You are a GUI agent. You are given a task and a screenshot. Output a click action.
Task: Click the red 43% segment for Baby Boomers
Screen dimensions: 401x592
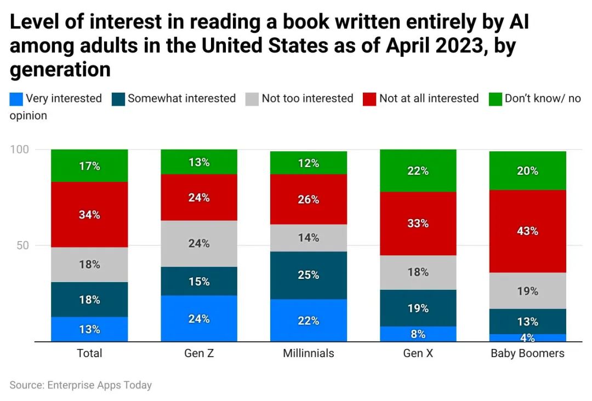pyautogui.click(x=527, y=231)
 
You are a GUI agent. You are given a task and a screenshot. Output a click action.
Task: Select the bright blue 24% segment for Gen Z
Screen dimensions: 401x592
pyautogui.click(x=199, y=318)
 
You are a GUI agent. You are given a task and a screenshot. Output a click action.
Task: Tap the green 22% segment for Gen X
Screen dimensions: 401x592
pyautogui.click(x=418, y=171)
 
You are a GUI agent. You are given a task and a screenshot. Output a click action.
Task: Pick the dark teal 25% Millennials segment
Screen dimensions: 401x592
pyautogui.click(x=309, y=275)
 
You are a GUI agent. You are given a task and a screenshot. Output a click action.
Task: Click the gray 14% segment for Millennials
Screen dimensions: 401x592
pyautogui.click(x=309, y=238)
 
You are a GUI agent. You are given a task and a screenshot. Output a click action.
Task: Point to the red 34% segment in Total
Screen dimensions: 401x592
pyautogui.click(x=89, y=215)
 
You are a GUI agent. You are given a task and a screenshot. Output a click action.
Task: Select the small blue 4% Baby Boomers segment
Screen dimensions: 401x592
pyautogui.click(x=527, y=337)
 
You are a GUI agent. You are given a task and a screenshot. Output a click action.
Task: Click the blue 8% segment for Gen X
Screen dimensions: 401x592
pyautogui.click(x=418, y=334)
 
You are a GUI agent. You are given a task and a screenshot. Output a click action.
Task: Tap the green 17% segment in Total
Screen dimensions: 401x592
pyautogui.click(x=89, y=165)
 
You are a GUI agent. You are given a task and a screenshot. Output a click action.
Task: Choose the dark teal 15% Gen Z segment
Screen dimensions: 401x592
pyautogui.click(x=199, y=281)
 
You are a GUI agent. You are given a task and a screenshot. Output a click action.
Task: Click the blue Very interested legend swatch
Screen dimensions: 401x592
pyautogui.click(x=16, y=99)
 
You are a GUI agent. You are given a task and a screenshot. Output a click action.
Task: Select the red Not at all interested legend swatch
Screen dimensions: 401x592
pyautogui.click(x=369, y=99)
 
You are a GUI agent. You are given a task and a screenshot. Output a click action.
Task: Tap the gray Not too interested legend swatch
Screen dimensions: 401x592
pyautogui.click(x=252, y=99)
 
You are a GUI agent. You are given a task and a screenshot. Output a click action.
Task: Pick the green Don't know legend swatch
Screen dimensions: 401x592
pyautogui.click(x=495, y=99)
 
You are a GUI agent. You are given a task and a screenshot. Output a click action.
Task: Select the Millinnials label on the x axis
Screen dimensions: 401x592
pyautogui.click(x=309, y=353)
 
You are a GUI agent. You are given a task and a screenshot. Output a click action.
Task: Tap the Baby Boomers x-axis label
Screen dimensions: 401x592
pyautogui.click(x=527, y=353)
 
